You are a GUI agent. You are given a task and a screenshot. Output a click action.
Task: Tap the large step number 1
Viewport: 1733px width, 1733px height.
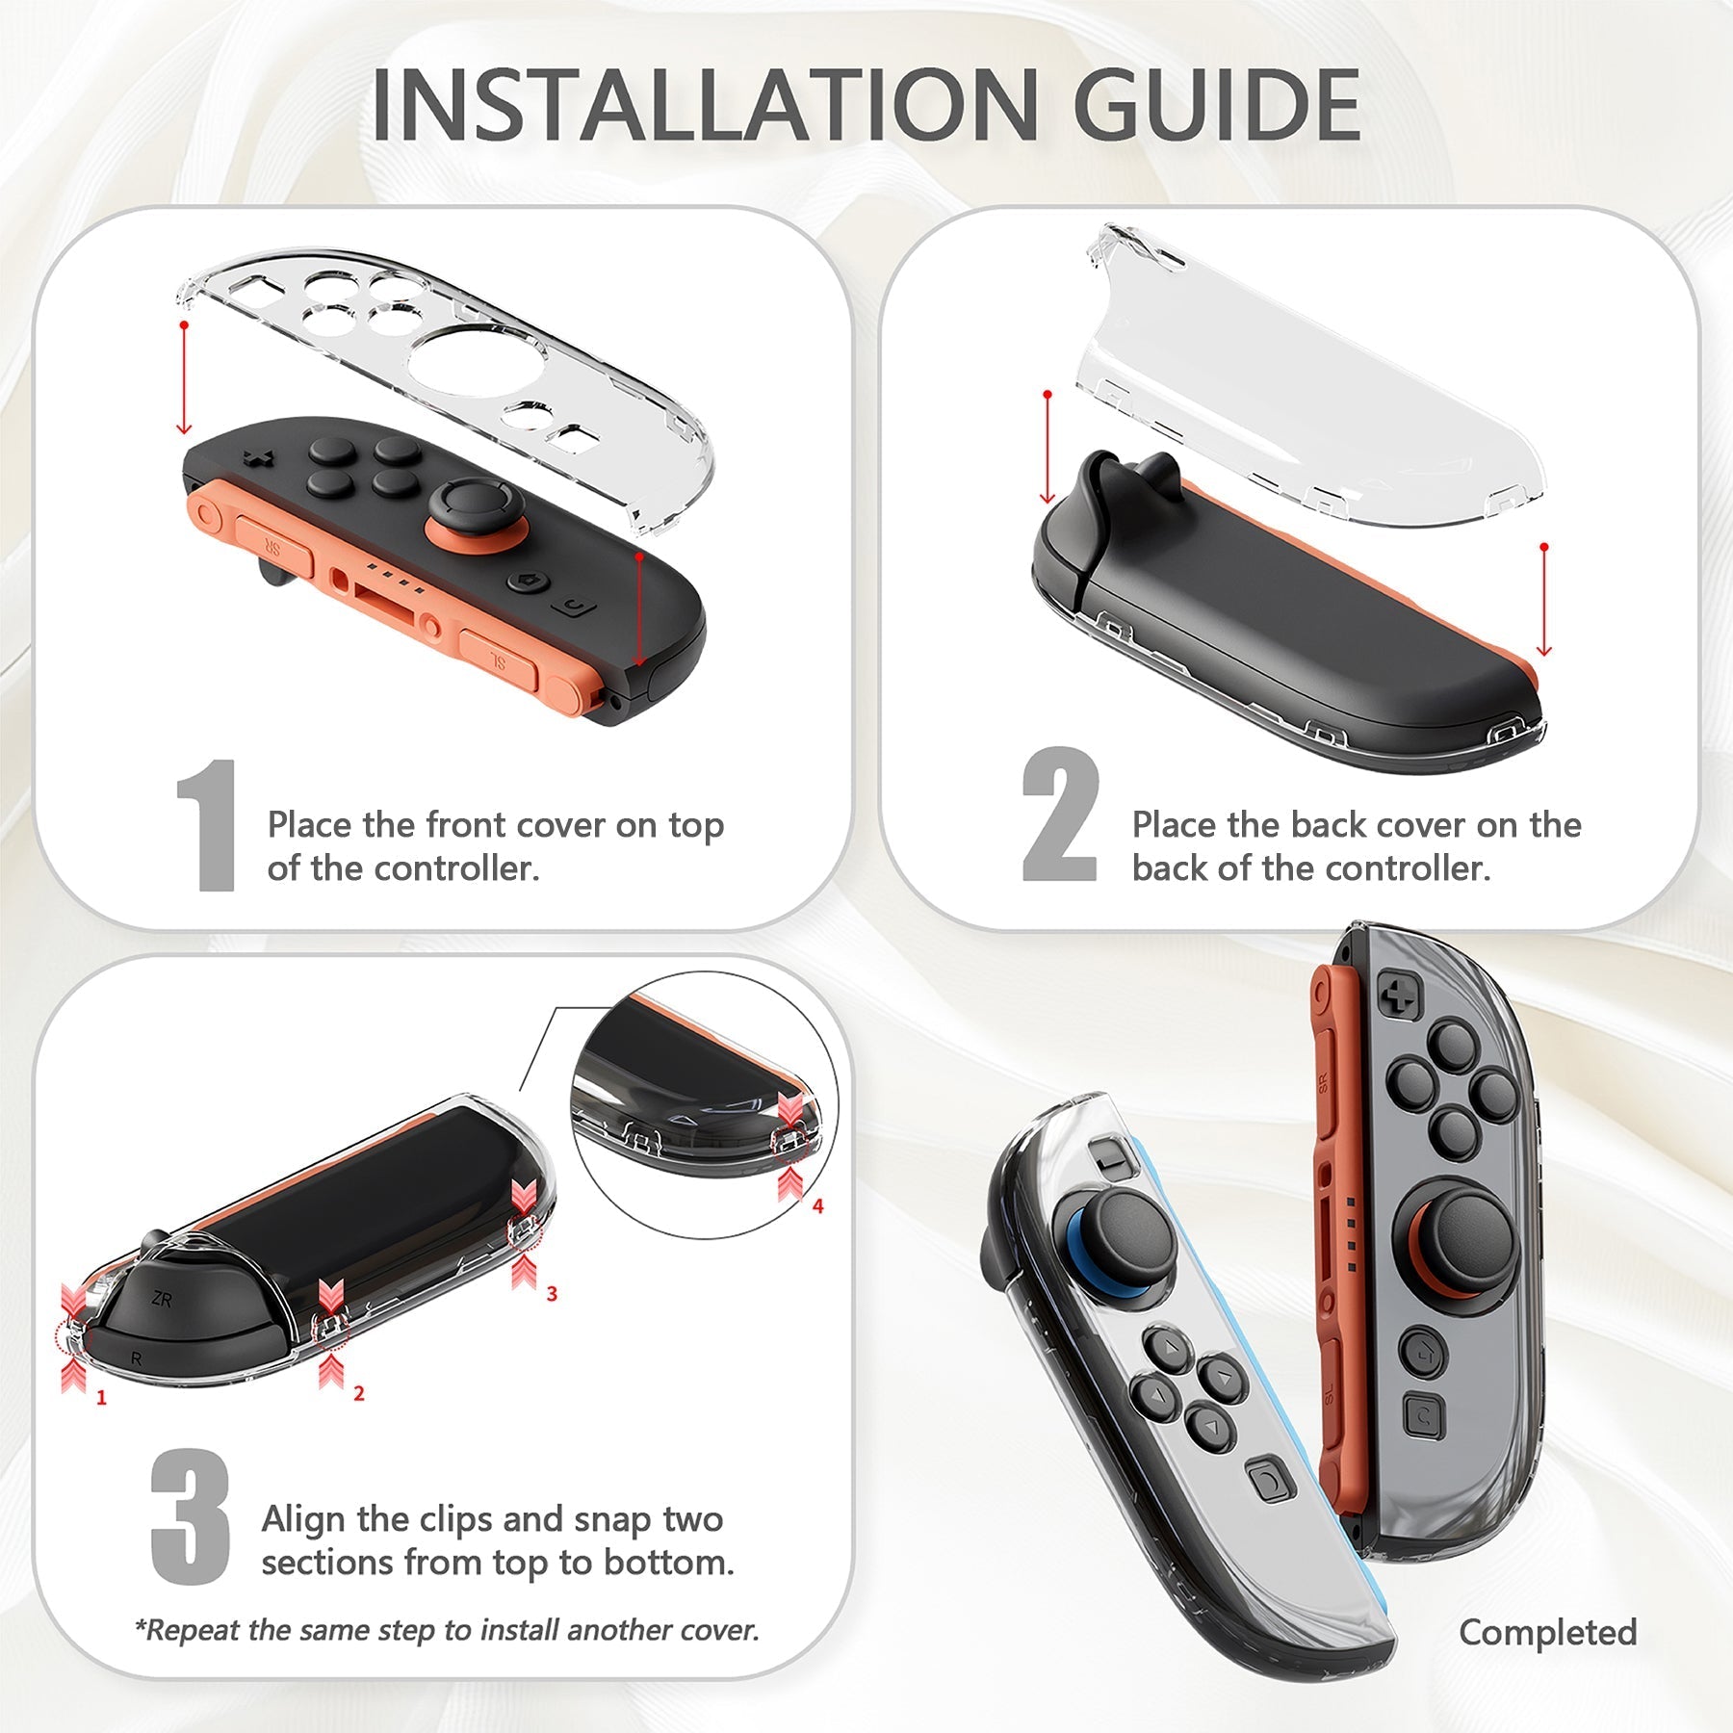(x=208, y=825)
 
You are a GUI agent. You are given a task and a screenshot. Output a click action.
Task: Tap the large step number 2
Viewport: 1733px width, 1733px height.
(x=1059, y=815)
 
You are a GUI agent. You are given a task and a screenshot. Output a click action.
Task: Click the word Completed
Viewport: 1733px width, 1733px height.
(x=1547, y=1632)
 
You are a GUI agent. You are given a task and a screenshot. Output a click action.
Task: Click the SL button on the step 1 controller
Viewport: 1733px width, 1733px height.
(x=498, y=660)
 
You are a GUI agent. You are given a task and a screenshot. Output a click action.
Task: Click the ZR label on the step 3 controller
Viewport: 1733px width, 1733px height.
(x=162, y=1300)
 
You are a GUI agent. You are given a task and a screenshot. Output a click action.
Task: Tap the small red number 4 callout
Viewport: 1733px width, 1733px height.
(x=817, y=1205)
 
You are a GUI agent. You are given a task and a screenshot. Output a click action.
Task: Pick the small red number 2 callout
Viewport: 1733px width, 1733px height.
(x=358, y=1393)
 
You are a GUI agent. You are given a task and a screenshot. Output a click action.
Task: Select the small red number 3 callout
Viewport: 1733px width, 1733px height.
(x=552, y=1294)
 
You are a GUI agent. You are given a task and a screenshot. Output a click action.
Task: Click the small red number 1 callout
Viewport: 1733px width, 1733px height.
(x=101, y=1397)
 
